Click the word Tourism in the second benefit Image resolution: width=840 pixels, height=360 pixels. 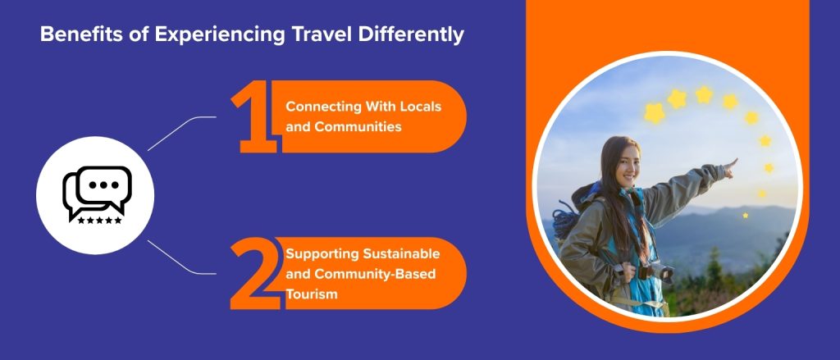311,294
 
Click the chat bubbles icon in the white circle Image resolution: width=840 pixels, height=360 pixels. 98,191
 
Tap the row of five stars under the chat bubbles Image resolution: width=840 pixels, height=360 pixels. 99,220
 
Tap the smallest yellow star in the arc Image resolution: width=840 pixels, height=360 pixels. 745,215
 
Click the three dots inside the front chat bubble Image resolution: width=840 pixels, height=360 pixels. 104,184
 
